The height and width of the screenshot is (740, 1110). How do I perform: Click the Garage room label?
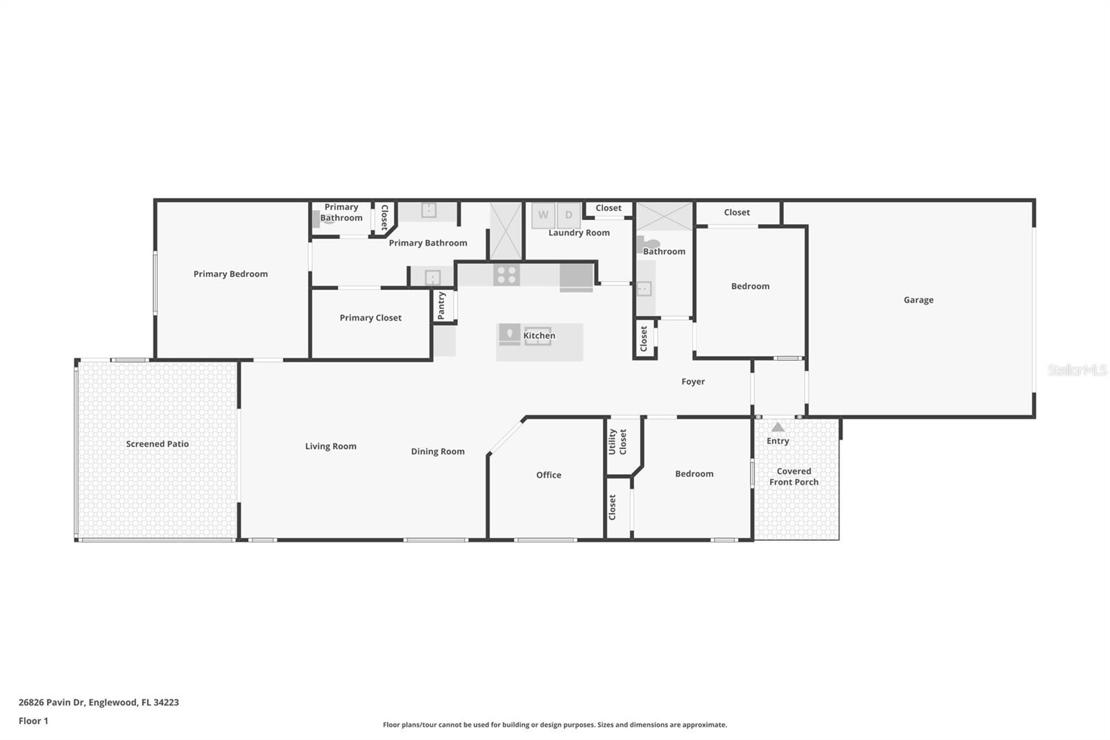point(918,300)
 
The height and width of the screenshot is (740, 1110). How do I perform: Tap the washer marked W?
point(543,215)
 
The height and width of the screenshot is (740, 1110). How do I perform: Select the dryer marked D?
point(569,215)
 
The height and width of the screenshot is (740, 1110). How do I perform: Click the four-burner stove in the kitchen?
point(506,275)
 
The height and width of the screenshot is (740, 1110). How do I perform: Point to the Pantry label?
point(441,305)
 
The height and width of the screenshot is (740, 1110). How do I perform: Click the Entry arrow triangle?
point(778,428)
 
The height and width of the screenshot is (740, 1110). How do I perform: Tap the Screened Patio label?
point(157,444)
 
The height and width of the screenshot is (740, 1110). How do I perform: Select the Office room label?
point(548,475)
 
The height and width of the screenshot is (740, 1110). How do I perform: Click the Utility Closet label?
point(617,442)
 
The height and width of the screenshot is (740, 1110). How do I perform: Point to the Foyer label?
point(692,382)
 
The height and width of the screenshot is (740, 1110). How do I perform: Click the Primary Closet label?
point(370,318)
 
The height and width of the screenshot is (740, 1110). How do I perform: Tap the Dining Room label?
point(437,451)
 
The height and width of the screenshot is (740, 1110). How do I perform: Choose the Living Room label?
point(331,446)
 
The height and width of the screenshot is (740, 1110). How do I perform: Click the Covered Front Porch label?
point(794,476)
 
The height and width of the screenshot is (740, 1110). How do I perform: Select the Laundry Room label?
point(579,233)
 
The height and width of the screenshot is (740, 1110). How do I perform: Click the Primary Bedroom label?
point(230,274)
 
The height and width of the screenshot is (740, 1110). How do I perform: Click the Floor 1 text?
point(33,721)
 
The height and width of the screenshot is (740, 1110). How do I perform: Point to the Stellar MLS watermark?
point(1077,371)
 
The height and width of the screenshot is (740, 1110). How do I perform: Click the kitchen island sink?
point(537,336)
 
